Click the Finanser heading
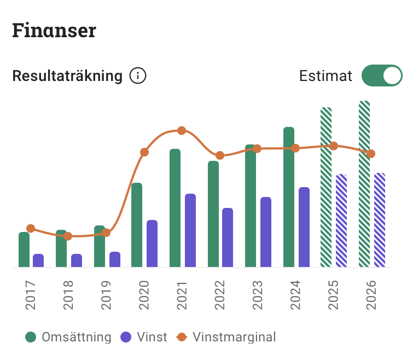54,31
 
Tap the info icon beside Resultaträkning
138,76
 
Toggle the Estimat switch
381,76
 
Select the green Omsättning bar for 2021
175,208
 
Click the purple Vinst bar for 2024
304,227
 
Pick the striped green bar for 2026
364,184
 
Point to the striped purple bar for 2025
341,220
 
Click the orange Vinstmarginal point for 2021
182,131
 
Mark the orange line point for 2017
31,228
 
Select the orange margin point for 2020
144,152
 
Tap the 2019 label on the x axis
106,295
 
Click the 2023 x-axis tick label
258,295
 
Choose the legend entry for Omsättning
68,337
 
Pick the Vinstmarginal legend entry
226,337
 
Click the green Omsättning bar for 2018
61,249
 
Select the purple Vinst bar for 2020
152,243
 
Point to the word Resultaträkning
67,76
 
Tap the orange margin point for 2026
371,154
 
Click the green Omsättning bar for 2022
213,214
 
